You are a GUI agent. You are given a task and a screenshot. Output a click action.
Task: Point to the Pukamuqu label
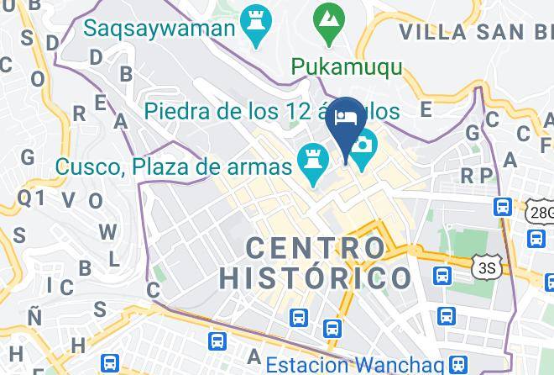(x=346, y=66)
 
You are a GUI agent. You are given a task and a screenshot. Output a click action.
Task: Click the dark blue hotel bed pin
(x=347, y=120)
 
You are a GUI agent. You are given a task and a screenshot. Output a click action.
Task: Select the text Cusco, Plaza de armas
(x=174, y=166)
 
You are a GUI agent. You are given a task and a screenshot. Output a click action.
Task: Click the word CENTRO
(x=316, y=247)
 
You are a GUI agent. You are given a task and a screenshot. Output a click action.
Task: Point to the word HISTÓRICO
(x=314, y=277)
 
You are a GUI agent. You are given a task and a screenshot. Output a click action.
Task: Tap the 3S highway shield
(x=484, y=267)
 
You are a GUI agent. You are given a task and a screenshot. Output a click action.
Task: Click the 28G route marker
(x=541, y=213)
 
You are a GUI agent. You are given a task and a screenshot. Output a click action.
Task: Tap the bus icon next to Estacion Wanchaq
(x=458, y=364)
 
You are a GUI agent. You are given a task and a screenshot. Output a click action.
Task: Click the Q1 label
(x=30, y=197)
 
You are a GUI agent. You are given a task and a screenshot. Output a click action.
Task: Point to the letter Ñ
(x=34, y=316)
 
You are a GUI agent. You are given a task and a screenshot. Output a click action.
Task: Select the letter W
(x=107, y=231)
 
